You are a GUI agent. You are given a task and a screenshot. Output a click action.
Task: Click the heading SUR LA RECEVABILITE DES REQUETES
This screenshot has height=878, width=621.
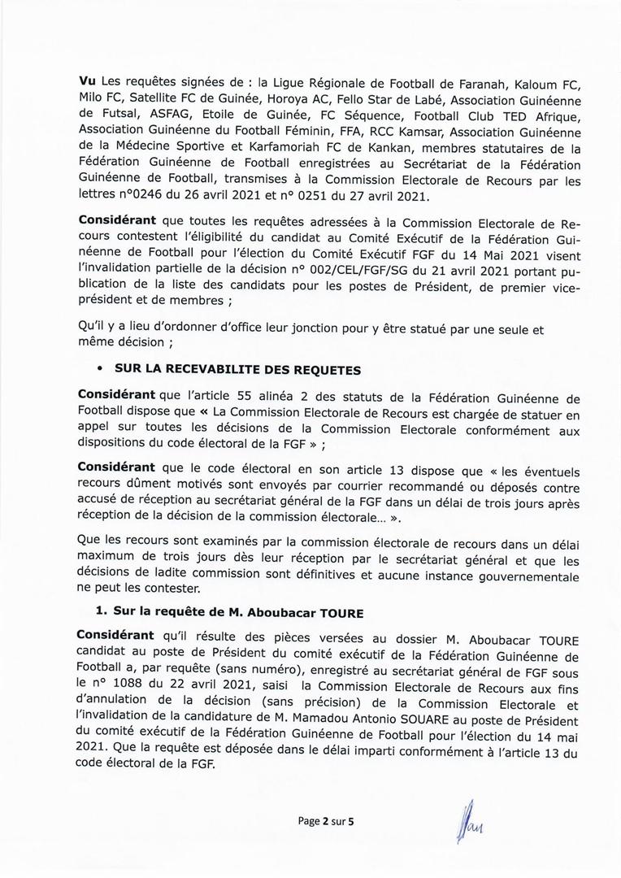point(237,369)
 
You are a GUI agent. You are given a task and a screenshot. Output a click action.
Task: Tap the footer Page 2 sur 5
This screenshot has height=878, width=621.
point(326,821)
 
